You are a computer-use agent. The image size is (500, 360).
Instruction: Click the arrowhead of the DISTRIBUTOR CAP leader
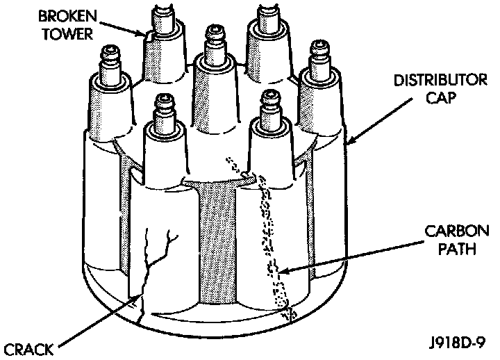pyautogui.click(x=348, y=145)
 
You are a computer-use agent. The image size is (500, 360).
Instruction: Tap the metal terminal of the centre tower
pyautogui.click(x=211, y=38)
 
